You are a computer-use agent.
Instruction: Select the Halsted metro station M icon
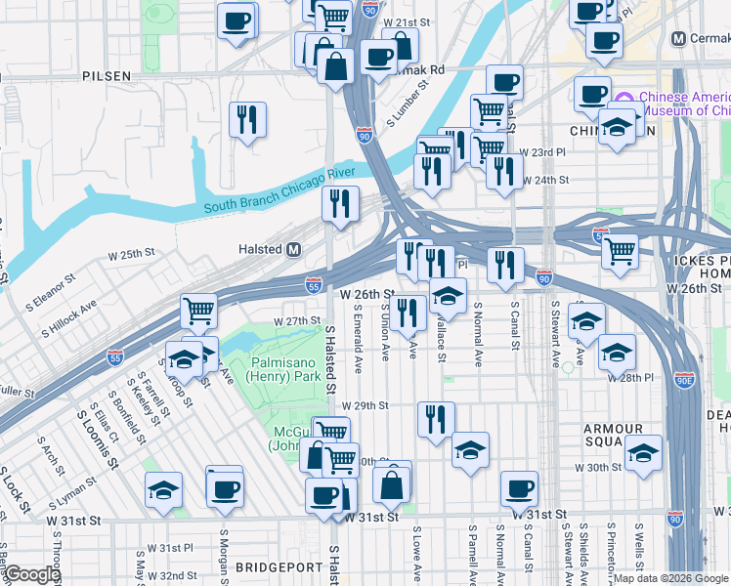tap(293, 250)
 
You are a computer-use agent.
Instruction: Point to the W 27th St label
tap(297, 320)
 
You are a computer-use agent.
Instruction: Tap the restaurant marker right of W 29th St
tap(436, 417)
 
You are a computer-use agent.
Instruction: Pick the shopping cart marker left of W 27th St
tap(199, 311)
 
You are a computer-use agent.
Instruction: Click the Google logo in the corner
tap(32, 574)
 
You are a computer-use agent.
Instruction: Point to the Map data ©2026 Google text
tap(670, 578)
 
